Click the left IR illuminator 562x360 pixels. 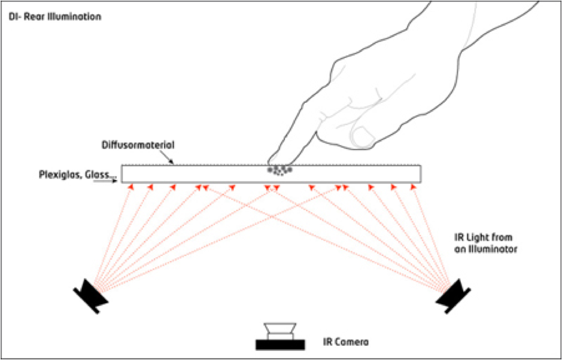[90, 295]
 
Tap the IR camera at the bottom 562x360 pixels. [280, 337]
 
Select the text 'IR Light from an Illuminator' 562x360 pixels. [483, 242]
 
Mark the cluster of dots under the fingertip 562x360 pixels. [280, 171]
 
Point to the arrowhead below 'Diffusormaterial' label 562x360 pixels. [172, 161]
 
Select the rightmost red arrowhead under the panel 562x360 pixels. [412, 187]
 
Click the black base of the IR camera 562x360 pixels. [280, 344]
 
